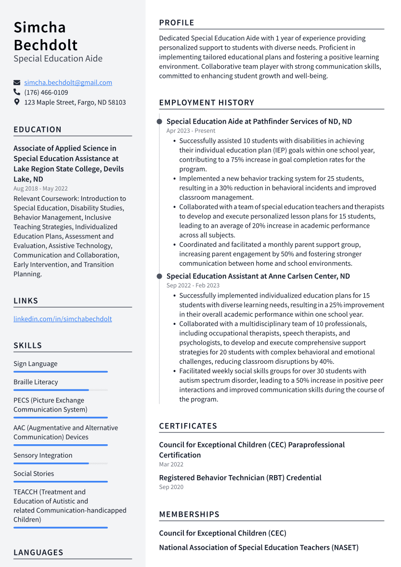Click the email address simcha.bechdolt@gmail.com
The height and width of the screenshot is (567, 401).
68,83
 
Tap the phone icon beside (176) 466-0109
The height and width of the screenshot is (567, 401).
17,92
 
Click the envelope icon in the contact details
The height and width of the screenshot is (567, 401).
17,83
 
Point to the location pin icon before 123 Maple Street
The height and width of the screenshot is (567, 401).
17,102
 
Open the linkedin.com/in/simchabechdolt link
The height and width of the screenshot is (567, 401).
63,319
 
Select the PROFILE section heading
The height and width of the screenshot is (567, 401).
177,23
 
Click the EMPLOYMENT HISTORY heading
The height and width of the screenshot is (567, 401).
207,103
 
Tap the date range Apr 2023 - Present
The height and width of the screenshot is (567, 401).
191,131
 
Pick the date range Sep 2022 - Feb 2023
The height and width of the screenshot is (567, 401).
193,285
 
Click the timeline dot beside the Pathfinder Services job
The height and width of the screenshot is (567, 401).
159,122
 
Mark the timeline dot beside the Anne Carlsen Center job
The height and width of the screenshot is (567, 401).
159,276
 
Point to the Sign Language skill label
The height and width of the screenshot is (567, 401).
35,364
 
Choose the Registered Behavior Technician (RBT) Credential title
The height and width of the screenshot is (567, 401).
240,477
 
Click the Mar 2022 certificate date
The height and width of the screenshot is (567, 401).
171,464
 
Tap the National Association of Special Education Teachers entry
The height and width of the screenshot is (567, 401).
259,547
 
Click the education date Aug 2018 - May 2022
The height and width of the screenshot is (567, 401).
40,189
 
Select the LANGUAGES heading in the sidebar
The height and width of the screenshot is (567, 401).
38,553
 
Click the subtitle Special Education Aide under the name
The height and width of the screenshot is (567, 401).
58,59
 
